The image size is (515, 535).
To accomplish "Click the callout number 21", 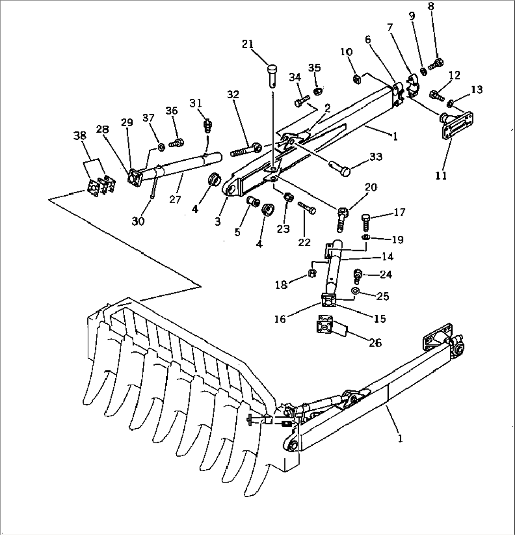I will coord(248,44).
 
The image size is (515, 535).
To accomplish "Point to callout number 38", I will coord(79,136).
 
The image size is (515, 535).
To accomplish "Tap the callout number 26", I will coord(375,343).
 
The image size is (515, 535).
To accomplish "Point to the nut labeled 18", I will coord(312,273).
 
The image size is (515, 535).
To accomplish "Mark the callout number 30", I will coord(138,220).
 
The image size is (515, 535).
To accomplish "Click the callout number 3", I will coord(217,221).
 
